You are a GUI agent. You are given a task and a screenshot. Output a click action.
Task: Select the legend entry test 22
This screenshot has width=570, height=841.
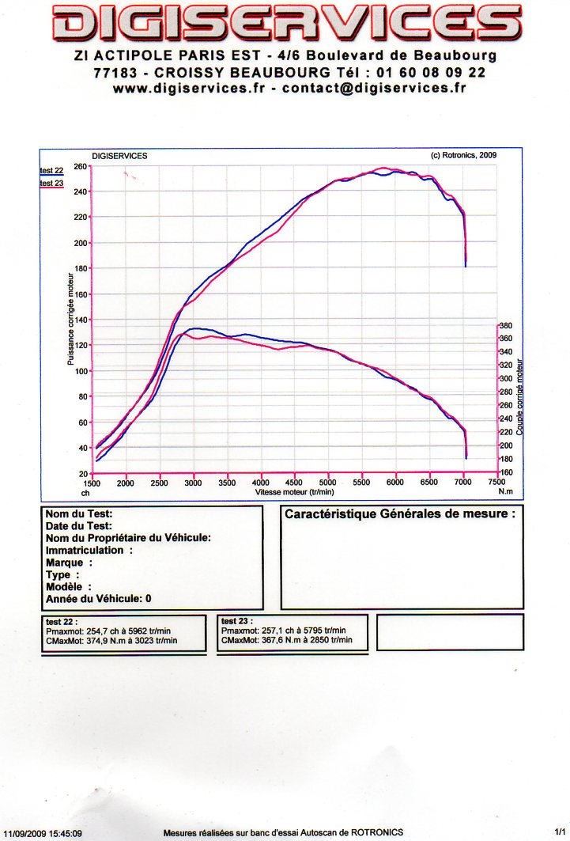[51, 170]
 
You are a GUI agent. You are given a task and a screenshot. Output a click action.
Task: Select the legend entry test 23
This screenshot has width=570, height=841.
[51, 184]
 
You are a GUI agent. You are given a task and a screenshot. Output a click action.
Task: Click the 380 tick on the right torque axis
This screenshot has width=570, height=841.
[507, 325]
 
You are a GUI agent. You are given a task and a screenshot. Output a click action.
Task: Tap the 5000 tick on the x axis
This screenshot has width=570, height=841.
[327, 482]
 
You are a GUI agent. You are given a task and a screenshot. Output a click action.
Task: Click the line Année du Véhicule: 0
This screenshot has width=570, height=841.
[99, 599]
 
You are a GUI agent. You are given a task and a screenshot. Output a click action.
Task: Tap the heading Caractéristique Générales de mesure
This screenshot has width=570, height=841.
[399, 513]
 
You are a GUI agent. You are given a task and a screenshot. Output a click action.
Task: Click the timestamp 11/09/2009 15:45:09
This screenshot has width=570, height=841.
[43, 833]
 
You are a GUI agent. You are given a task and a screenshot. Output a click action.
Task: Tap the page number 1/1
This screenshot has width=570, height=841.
[561, 832]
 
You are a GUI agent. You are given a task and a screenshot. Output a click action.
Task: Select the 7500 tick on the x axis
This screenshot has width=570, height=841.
[496, 482]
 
